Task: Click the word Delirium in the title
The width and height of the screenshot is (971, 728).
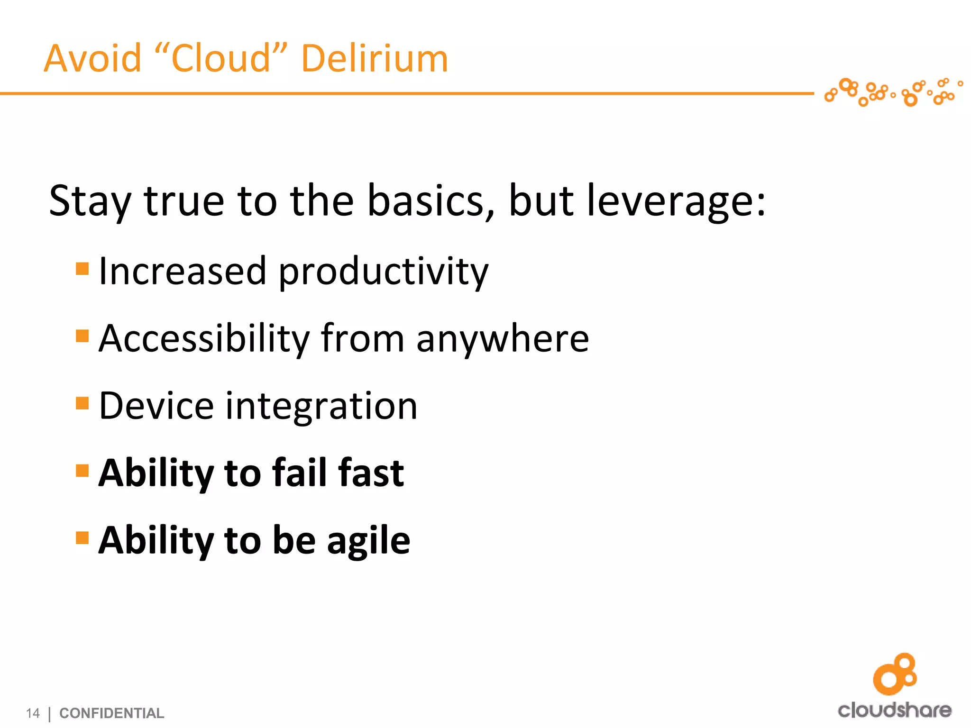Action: click(375, 58)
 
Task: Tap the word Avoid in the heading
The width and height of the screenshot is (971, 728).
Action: click(92, 58)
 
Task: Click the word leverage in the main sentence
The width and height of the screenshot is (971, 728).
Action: click(675, 201)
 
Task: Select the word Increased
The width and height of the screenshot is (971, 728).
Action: click(183, 271)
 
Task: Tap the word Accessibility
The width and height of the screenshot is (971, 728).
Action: click(204, 338)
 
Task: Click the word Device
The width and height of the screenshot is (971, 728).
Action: click(156, 406)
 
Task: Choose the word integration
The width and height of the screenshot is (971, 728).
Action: click(321, 407)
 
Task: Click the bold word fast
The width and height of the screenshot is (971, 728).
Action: click(371, 473)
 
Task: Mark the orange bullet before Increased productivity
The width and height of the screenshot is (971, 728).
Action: click(82, 269)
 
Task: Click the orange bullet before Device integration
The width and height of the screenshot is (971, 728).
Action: click(82, 403)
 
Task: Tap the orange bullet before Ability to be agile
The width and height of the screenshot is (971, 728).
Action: click(82, 538)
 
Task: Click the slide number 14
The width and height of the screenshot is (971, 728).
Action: click(33, 713)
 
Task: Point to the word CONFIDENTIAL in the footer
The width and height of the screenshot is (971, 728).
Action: click(112, 713)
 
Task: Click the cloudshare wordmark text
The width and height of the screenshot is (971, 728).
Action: click(895, 710)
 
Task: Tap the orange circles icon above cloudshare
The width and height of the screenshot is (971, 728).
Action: click(895, 673)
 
